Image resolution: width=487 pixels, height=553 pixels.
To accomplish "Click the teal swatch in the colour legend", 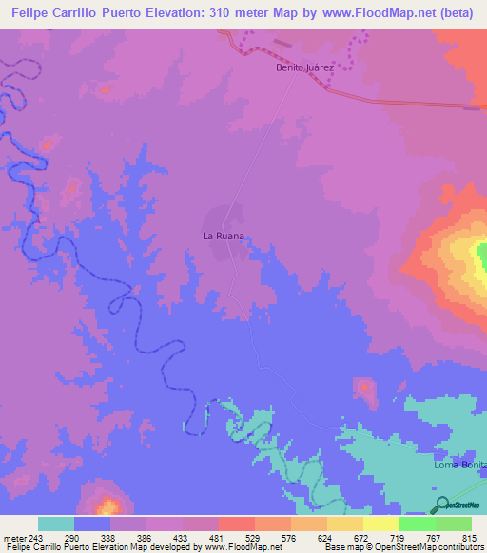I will pyautogui.click(x=56, y=524).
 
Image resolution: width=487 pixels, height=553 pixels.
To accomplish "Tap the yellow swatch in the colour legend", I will pyautogui.click(x=380, y=524).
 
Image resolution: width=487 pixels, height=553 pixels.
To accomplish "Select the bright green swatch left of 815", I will pyautogui.click(x=454, y=524).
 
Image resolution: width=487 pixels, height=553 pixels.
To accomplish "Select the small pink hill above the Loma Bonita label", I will pyautogui.click(x=364, y=388).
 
